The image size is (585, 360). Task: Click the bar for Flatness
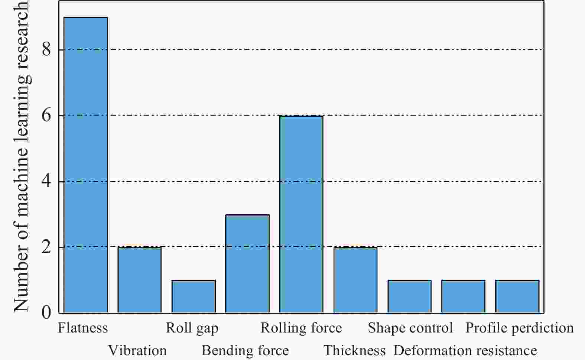tap(86, 165)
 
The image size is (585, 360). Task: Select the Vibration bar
tap(140, 280)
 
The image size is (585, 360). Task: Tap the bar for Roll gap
tap(194, 296)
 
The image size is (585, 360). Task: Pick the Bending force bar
tap(247, 263)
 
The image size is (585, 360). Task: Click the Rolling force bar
tap(301, 214)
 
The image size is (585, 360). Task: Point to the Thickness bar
tap(355, 280)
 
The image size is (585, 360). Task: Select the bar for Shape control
tap(409, 296)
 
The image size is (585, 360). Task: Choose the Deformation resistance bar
tap(463, 296)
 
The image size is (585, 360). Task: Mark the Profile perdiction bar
tap(517, 296)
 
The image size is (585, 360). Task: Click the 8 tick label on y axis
tap(46, 50)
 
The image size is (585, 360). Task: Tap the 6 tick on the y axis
tap(46, 116)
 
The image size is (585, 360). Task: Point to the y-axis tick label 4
tap(46, 181)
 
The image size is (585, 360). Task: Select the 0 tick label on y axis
tap(46, 312)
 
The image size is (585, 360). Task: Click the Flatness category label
tap(83, 328)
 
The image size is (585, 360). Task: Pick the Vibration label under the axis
tap(137, 350)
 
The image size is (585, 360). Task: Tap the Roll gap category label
tap(192, 328)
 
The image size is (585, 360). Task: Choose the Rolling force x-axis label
tap(301, 328)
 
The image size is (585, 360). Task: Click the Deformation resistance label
tap(465, 350)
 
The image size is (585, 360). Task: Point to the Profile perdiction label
tap(520, 328)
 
